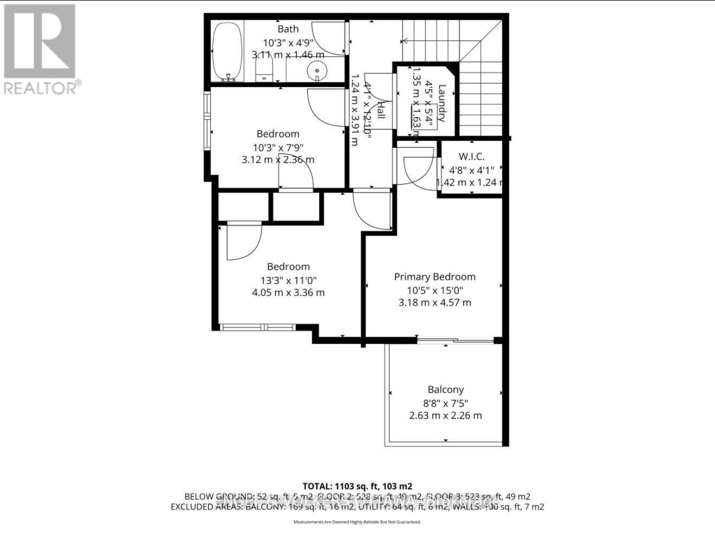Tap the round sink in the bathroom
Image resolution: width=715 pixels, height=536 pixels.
point(316,71)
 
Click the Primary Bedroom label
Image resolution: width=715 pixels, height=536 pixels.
point(434,277)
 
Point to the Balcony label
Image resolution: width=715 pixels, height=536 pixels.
point(445,389)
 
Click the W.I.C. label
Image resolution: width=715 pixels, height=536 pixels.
point(471,156)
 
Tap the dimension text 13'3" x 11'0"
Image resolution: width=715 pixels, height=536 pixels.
point(288,280)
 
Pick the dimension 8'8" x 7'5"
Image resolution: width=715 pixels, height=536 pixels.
point(445,403)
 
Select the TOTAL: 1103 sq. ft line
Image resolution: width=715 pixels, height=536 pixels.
point(357,486)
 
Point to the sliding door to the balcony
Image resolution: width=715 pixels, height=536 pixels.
point(455,341)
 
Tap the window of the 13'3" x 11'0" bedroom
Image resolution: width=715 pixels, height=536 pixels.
point(258,327)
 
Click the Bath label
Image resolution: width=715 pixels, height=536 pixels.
point(288,29)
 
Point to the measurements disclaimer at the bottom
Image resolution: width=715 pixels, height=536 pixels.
point(357,522)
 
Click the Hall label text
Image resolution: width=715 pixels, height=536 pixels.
point(380,110)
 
